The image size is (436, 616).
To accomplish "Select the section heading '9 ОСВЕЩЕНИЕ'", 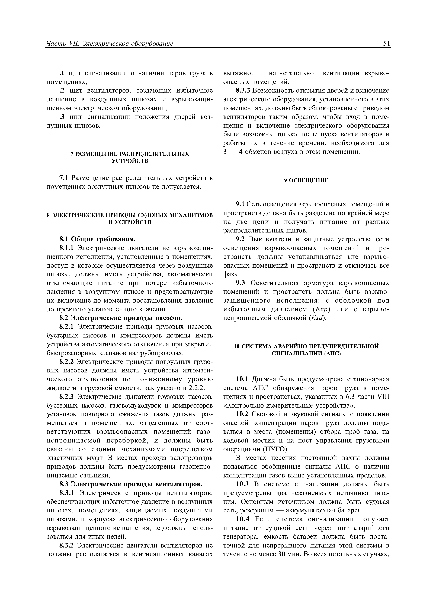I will (x=306, y=180).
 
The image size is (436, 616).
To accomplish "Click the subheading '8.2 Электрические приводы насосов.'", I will (x=121, y=318).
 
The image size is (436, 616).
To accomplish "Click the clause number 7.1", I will (x=64, y=178).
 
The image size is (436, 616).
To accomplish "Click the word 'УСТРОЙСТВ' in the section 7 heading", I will (x=130, y=161).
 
